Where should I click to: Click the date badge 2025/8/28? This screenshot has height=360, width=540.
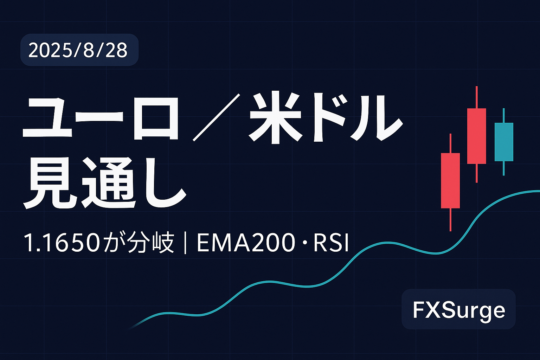tap(79, 50)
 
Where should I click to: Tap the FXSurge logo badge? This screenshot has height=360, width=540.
tap(458, 309)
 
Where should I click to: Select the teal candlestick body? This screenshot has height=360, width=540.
tap(504, 142)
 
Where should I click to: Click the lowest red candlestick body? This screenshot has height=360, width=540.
tap(450, 181)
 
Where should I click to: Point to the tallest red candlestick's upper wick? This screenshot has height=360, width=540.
tap(477, 97)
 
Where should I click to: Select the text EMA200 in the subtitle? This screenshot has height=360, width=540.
tap(246, 243)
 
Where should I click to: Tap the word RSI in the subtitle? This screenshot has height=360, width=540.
tap(331, 243)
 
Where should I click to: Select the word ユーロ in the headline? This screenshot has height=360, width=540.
tap(100, 118)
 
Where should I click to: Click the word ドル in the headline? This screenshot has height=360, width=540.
tap(358, 117)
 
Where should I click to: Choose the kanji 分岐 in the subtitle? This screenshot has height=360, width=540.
tap(151, 243)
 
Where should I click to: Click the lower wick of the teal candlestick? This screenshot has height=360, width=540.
tap(503, 168)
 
